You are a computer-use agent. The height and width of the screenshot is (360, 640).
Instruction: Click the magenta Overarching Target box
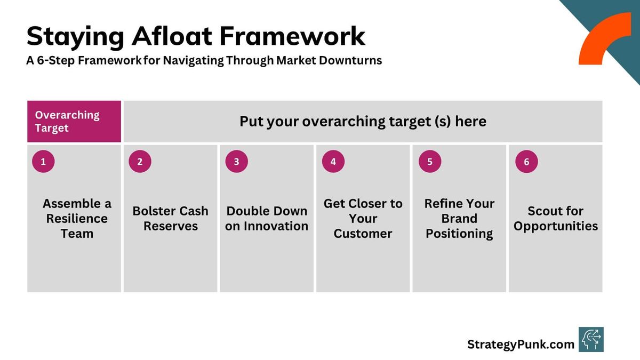click(x=74, y=122)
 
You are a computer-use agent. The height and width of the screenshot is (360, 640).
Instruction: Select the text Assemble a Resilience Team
click(x=77, y=219)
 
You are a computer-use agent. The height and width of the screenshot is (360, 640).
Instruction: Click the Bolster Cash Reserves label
click(x=171, y=219)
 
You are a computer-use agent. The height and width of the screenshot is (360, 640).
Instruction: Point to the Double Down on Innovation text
click(x=267, y=219)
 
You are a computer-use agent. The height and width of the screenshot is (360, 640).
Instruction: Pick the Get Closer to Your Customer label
click(x=363, y=219)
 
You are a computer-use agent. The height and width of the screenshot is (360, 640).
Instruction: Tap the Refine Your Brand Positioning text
click(x=459, y=219)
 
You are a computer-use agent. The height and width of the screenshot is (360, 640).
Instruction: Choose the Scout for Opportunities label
click(x=556, y=219)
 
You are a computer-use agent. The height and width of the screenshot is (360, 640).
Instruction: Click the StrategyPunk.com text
click(x=521, y=345)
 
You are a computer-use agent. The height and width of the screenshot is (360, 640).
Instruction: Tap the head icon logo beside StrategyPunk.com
click(x=591, y=340)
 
